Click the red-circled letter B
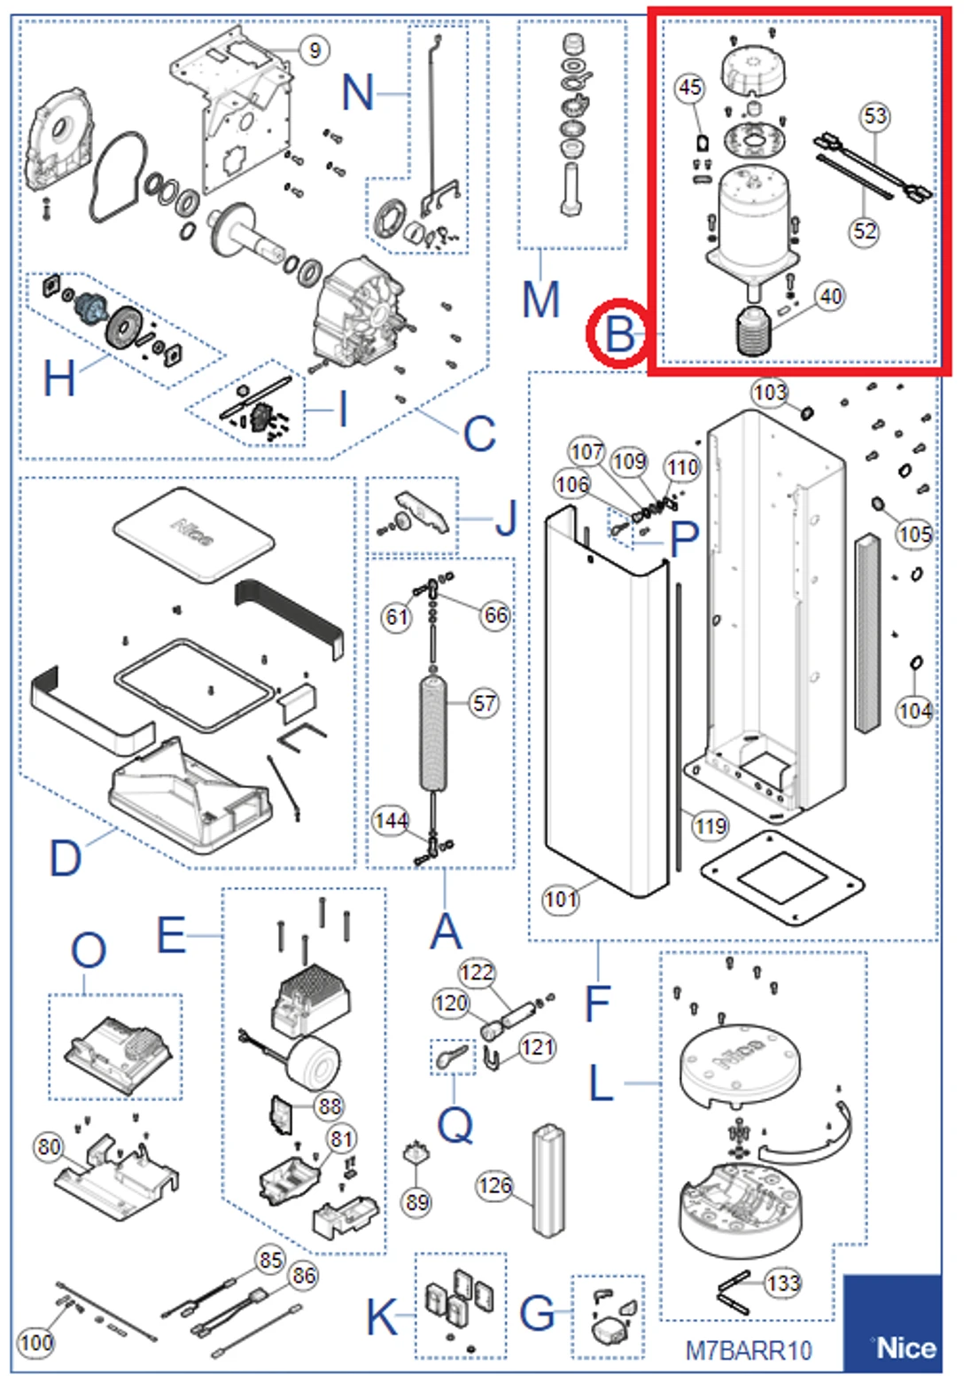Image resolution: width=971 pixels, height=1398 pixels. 619,334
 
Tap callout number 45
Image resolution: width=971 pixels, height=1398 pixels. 689,87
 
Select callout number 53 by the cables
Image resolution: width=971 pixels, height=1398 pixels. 874,116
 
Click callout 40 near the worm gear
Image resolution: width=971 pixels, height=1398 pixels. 829,296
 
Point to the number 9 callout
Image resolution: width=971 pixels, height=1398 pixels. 315,50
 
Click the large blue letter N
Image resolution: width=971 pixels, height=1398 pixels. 357,92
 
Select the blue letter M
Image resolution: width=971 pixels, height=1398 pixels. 540,300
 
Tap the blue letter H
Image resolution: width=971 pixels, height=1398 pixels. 58,379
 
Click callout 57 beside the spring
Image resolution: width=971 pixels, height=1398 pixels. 484,704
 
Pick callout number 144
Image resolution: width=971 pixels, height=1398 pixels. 390,821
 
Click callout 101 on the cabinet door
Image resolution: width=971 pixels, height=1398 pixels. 561,899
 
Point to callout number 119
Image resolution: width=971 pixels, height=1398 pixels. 710,826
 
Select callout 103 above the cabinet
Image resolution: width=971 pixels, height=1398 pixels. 769,392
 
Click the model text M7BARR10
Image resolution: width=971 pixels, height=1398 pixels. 749,1350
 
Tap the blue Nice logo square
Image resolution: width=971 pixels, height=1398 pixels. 892,1324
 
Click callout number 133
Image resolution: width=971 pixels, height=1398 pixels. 783,1283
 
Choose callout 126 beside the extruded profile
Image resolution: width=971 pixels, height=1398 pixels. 494,1185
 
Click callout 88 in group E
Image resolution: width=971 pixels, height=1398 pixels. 330,1105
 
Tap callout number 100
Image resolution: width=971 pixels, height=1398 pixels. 35,1342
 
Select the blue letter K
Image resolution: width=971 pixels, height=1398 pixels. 382,1316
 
